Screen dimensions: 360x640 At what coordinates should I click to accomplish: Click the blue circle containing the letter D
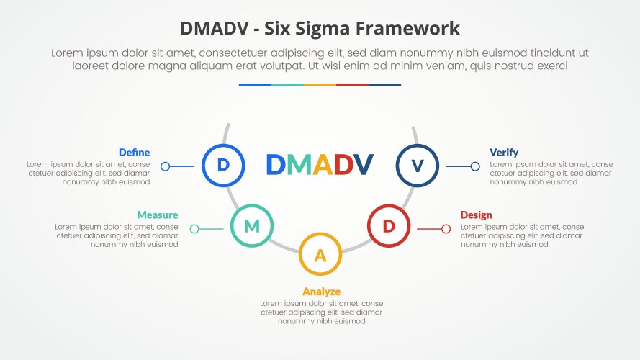pos(223,165)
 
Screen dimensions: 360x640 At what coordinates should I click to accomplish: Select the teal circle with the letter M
pos(251,226)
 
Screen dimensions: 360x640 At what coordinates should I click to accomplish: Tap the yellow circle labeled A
pos(320,254)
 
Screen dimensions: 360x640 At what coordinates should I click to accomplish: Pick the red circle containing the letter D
pos(389,226)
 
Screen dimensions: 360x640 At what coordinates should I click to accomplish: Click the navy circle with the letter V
pos(418,165)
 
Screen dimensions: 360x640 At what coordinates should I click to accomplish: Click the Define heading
pos(134,153)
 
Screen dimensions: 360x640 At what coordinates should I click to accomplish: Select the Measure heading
pos(157,215)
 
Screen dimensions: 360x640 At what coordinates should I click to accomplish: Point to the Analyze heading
pos(321,292)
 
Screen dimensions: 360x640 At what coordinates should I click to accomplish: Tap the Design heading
pos(477,215)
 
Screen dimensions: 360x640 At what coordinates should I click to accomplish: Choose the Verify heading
pos(504,153)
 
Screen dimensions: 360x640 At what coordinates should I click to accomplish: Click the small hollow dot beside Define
pos(165,166)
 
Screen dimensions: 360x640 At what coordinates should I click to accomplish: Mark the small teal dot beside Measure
pos(194,229)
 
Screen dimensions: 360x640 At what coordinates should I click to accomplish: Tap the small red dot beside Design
pos(446,229)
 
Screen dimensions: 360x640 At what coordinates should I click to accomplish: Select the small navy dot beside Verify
pos(475,166)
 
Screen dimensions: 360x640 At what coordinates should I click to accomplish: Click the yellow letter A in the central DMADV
pos(322,165)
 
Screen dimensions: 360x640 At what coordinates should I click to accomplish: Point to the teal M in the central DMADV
pos(298,165)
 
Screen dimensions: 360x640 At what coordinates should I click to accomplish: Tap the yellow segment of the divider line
pos(320,85)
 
